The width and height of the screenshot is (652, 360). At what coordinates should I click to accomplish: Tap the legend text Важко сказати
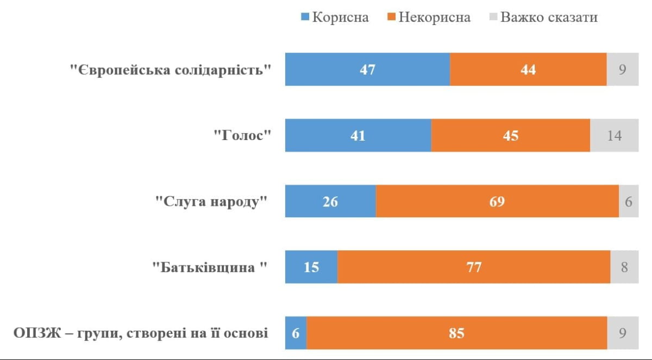click(549, 17)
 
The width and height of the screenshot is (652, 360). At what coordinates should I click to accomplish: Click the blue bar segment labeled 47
click(367, 70)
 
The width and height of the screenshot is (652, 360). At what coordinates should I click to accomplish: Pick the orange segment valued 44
click(528, 70)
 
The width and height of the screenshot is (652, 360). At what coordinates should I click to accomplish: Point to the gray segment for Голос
click(615, 135)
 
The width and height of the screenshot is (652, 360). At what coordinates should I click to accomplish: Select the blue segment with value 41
click(358, 135)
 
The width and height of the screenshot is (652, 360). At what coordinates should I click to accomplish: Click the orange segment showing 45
click(510, 135)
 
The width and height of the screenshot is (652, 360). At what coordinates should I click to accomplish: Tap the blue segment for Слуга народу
click(330, 201)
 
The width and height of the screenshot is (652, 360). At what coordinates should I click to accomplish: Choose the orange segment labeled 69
click(497, 201)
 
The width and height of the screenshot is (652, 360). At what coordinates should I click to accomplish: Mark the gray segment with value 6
click(629, 201)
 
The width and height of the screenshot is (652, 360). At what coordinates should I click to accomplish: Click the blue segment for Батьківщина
click(311, 267)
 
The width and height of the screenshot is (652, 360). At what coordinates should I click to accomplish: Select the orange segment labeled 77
click(474, 267)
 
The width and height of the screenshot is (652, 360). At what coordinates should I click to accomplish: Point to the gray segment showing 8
click(624, 267)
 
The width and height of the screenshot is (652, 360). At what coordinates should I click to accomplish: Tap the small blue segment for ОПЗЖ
click(296, 333)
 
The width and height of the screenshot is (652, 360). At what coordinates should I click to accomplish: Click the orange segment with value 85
click(456, 333)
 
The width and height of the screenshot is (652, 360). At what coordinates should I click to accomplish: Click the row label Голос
click(242, 136)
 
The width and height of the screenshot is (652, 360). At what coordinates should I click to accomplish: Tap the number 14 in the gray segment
click(615, 135)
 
